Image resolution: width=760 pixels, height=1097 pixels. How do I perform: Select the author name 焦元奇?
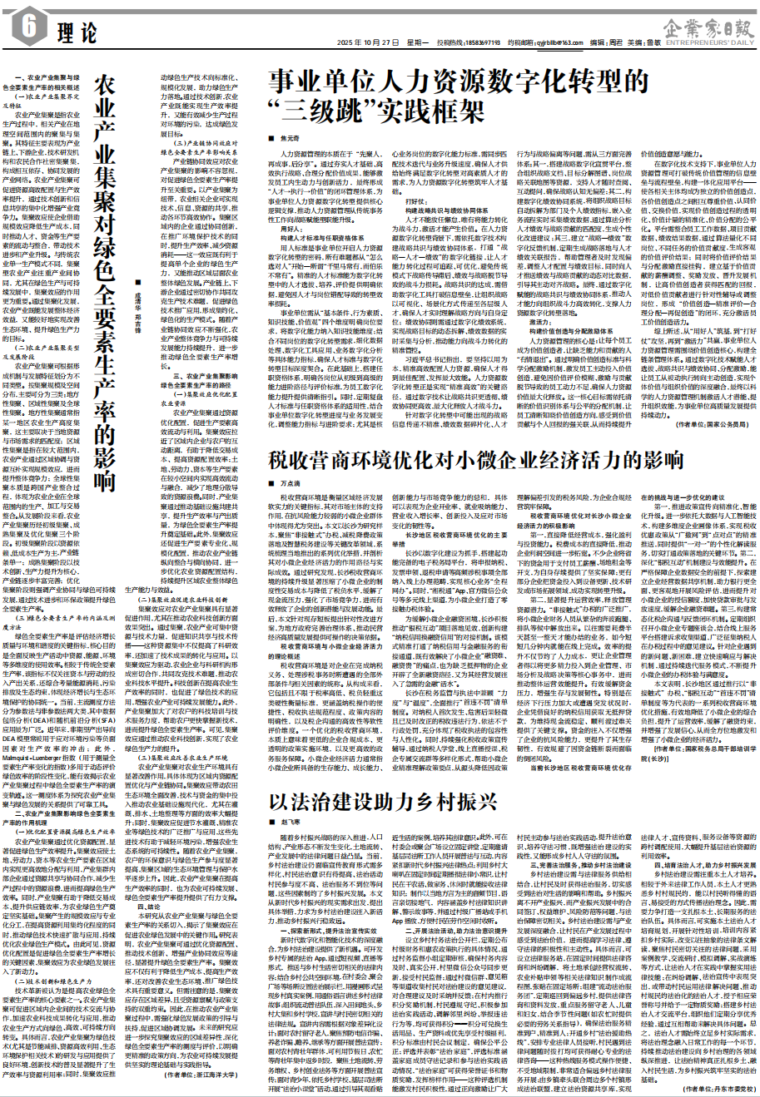[x=291, y=141]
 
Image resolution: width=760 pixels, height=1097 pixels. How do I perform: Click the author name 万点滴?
[x=292, y=482]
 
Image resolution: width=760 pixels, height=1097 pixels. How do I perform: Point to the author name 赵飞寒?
[x=292, y=821]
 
